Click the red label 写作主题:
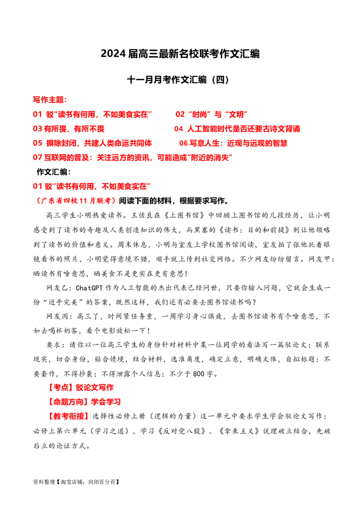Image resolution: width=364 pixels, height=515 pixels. pos(50,100)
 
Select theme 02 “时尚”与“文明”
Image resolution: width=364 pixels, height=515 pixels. pos(212,114)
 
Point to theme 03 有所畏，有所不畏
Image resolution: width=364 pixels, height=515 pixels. pos(69,129)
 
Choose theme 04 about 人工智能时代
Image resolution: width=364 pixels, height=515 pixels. pos(237,129)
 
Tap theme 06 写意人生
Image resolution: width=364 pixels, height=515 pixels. pos(233,143)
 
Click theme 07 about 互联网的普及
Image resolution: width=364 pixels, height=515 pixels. pos(133,158)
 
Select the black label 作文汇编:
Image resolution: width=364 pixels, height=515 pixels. pos(54,172)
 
